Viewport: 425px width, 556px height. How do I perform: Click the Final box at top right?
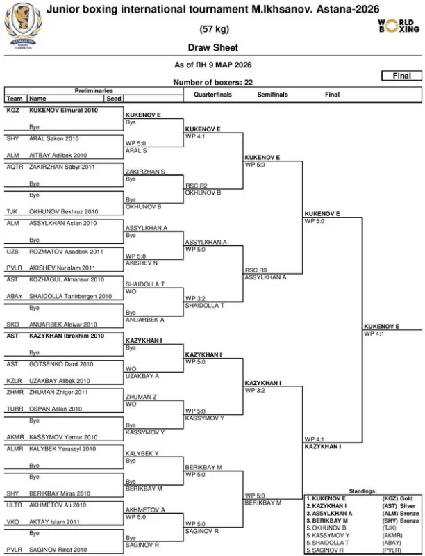pos(401,76)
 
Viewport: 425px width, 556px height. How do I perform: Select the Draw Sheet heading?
pos(212,48)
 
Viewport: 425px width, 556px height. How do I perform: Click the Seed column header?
pos(114,99)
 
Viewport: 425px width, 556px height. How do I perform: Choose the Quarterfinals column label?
pos(212,94)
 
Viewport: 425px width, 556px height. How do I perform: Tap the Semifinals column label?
pos(273,94)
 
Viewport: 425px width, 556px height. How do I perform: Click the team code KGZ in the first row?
pos(13,110)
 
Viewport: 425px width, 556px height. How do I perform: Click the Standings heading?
pos(362,491)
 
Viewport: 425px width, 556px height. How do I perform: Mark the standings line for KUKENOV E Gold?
pos(362,498)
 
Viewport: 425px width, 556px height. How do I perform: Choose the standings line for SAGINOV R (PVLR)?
pos(362,550)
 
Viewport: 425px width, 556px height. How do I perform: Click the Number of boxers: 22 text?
pos(212,83)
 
